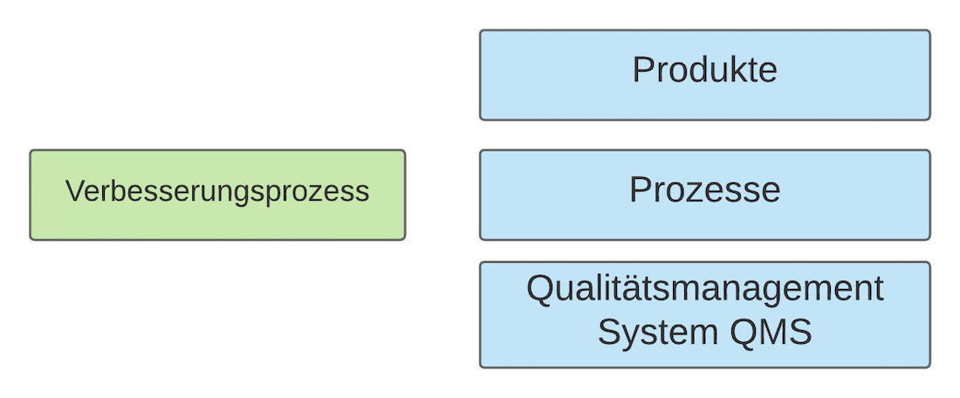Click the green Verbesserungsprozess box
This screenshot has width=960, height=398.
pyautogui.click(x=217, y=195)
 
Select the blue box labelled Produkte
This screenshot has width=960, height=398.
pyautogui.click(x=704, y=75)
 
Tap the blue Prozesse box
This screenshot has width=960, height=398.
pyautogui.click(x=704, y=195)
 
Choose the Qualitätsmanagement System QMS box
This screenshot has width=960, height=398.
pyautogui.click(x=704, y=314)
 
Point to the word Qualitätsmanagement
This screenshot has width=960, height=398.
pyautogui.click(x=704, y=289)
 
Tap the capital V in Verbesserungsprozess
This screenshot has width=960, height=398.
pyautogui.click(x=74, y=191)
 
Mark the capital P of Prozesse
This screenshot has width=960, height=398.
pyautogui.click(x=640, y=190)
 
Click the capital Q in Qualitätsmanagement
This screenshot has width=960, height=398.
pyautogui.click(x=540, y=289)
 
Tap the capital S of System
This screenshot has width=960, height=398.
pyautogui.click(x=608, y=333)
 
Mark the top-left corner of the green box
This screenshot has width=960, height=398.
pyautogui.click(x=31, y=151)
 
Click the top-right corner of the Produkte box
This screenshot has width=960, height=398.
pyautogui.click(x=929, y=31)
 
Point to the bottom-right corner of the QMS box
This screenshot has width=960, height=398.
pyautogui.click(x=929, y=366)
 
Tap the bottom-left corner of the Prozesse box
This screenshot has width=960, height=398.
pyautogui.click(x=481, y=238)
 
